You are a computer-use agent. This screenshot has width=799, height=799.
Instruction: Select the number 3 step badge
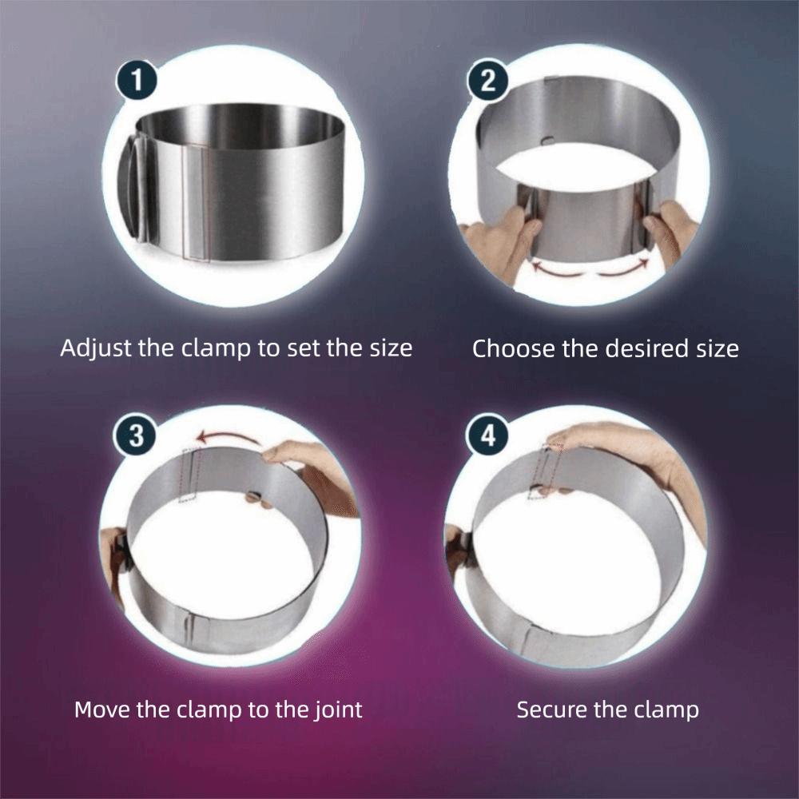(137, 436)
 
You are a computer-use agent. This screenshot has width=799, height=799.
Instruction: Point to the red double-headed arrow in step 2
(591, 269)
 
